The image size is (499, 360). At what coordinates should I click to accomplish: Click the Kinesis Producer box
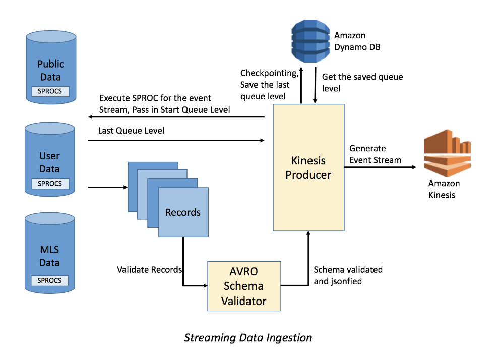[x=308, y=167]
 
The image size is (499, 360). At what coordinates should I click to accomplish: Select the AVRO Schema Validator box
[x=244, y=286]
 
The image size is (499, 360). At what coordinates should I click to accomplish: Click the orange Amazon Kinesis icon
[x=447, y=151]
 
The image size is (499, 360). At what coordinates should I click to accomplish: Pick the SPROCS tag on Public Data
[x=50, y=91]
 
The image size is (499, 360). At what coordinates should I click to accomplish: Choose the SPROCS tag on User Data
[x=50, y=184]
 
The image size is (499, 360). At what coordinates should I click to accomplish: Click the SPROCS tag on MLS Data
[x=50, y=280]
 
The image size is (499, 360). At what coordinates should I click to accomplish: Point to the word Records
[x=182, y=212]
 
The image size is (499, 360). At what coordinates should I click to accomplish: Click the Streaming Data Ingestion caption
[x=248, y=337]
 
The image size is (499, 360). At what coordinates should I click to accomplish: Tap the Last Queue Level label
[x=132, y=130]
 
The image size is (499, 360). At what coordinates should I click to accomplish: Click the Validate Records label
[x=149, y=270]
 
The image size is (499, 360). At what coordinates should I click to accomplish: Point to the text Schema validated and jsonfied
[x=348, y=275]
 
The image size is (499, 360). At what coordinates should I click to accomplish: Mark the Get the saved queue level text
[x=362, y=82]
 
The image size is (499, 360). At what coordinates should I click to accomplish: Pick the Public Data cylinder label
[x=50, y=71]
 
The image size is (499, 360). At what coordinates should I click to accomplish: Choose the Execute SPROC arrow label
[x=164, y=103]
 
